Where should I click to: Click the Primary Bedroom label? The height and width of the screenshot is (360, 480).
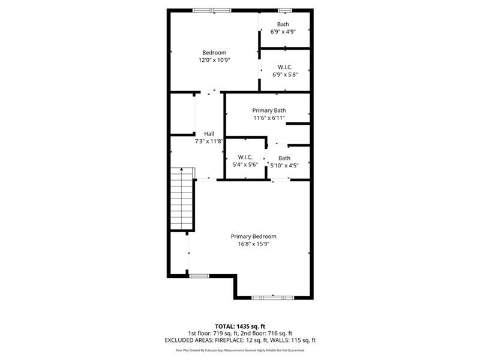click(253, 236)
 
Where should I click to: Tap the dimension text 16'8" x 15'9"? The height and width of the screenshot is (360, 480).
click(253, 244)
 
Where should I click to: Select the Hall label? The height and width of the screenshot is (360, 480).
click(209, 134)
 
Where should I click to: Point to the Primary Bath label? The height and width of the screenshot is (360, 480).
click(269, 110)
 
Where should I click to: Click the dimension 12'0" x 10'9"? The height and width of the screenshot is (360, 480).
click(214, 60)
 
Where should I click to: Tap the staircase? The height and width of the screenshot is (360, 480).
click(182, 199)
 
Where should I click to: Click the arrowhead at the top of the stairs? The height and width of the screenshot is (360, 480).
click(182, 169)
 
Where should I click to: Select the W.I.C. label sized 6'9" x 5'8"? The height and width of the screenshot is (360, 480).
click(285, 67)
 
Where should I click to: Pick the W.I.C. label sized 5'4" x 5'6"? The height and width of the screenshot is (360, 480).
click(245, 157)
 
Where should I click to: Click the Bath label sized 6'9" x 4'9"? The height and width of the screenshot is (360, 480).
click(283, 24)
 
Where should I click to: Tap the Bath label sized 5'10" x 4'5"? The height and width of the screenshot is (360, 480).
click(284, 158)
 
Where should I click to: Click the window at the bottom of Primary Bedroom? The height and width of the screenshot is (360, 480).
click(272, 298)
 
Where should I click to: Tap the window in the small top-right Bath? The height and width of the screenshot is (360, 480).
click(285, 11)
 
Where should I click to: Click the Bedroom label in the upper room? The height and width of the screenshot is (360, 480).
click(214, 53)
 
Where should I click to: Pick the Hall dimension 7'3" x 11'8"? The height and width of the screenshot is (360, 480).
click(209, 142)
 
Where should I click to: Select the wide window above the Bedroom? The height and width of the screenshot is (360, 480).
click(212, 11)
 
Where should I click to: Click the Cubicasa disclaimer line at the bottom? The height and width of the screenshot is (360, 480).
click(240, 350)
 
